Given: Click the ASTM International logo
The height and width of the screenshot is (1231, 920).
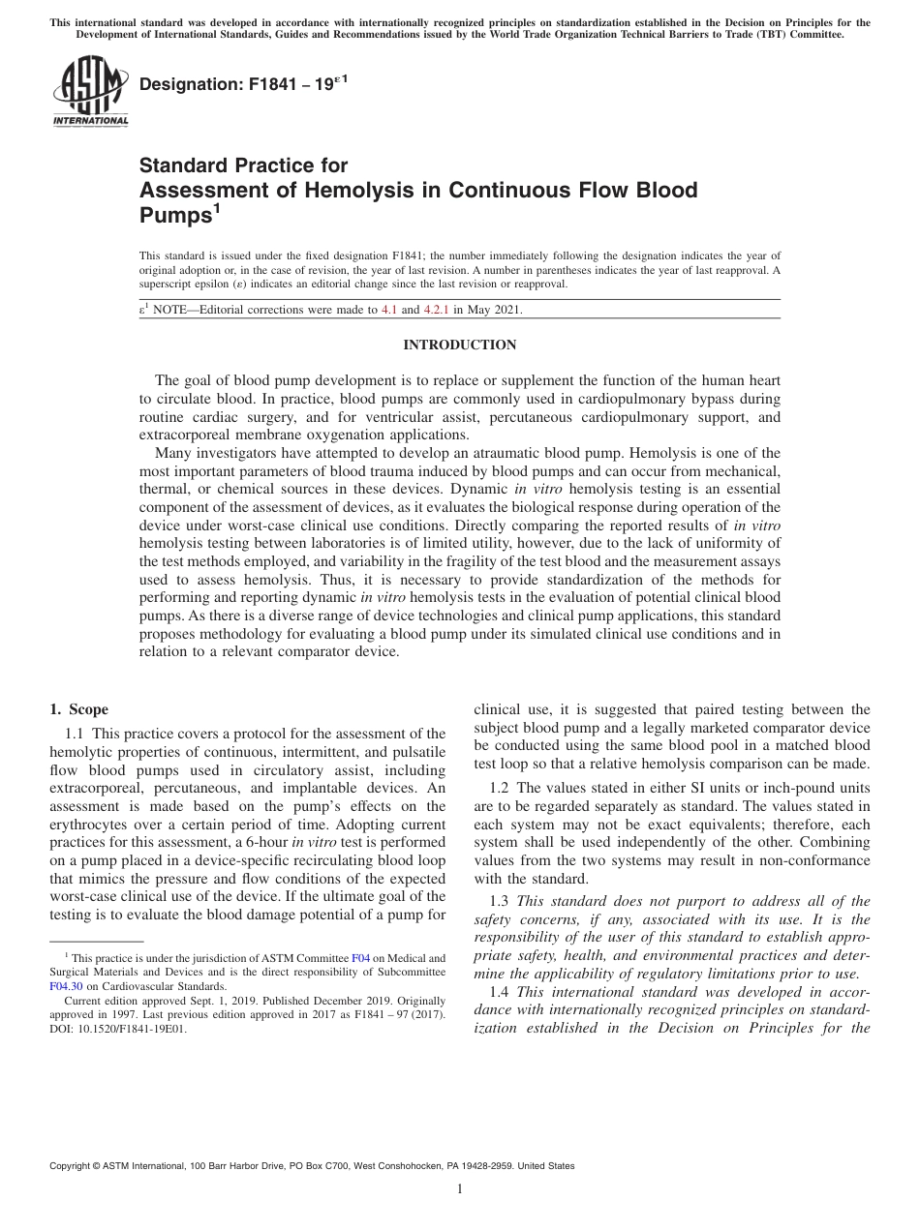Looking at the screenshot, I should pyautogui.click(x=89, y=90).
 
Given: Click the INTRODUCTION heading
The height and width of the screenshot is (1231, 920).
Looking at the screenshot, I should pyautogui.click(x=459, y=345).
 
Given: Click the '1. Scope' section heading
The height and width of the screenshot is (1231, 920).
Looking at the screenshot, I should pyautogui.click(x=78, y=709).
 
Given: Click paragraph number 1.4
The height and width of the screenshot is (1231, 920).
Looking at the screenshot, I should pyautogui.click(x=501, y=992).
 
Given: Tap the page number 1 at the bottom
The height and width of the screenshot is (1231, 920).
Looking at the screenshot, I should pyautogui.click(x=460, y=1190).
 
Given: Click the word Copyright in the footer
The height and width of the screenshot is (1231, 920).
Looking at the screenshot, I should pyautogui.click(x=72, y=1166).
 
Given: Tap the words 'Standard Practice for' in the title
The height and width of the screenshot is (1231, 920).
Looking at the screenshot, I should pyautogui.click(x=243, y=165).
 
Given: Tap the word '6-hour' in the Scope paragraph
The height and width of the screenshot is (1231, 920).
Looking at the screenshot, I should pyautogui.click(x=261, y=843).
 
